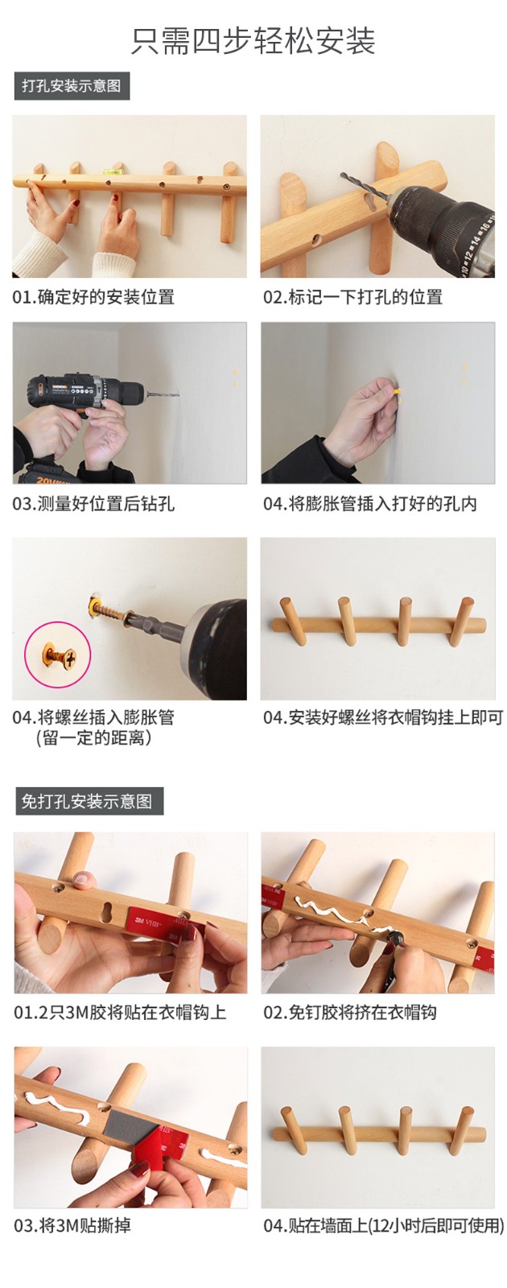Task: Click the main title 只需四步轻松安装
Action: coord(253,41)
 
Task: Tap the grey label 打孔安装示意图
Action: coord(72,86)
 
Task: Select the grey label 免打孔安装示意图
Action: coord(89,801)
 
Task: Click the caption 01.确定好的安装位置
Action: coord(93,297)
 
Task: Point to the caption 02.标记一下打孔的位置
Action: coord(353,297)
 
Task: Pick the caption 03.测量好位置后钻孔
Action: coord(93,504)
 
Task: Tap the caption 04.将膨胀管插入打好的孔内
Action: coord(370,504)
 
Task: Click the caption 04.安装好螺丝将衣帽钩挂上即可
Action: coord(383,717)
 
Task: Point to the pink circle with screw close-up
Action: coord(57,654)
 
